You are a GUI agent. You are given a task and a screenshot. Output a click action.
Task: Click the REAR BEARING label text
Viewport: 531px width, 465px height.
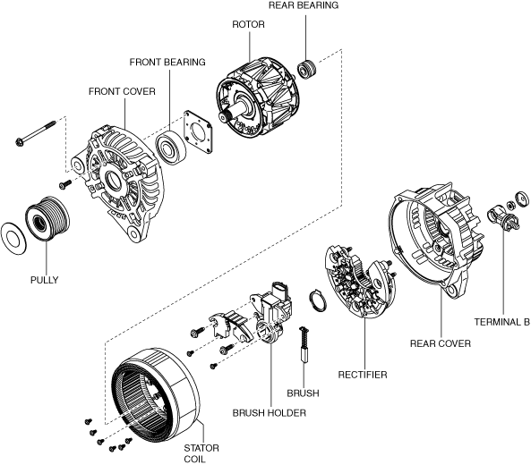coord(304,5)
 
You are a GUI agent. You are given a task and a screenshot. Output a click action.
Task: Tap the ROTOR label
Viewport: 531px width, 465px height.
coord(248,24)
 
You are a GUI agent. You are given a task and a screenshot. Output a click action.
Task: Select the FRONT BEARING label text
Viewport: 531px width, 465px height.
coord(167,63)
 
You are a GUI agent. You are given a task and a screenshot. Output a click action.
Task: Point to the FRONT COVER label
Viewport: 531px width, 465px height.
coord(122,91)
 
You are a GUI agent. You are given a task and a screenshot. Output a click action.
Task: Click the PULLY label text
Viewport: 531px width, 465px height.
coord(45,280)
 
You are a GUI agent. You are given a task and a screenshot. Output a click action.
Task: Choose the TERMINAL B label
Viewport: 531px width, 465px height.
coord(501,322)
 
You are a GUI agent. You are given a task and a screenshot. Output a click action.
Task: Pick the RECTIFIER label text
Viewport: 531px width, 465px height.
coord(363,375)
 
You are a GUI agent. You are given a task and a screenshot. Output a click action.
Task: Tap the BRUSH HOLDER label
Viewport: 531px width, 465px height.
coord(270,413)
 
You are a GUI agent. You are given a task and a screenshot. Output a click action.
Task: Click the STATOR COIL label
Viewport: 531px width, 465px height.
coord(201,453)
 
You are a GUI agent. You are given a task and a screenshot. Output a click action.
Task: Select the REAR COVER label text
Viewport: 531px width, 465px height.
coord(441,343)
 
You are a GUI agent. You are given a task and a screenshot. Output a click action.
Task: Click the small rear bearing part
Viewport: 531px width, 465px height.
coord(307,70)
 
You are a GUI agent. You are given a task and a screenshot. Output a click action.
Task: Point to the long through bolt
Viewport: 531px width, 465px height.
coord(36,133)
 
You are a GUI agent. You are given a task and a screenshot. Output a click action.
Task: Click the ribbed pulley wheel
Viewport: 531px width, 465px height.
coord(47,218)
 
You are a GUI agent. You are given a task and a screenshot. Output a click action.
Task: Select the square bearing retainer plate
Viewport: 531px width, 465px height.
coord(198,131)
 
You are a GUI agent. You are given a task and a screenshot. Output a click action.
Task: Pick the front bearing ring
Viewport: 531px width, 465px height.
coord(171,148)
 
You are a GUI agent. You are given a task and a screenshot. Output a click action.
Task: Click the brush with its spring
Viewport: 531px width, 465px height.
coord(304,344)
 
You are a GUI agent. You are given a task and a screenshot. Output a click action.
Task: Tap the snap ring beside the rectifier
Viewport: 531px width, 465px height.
coord(318,300)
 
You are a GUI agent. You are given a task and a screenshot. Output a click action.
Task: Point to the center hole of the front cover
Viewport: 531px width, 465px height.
coord(114,181)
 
